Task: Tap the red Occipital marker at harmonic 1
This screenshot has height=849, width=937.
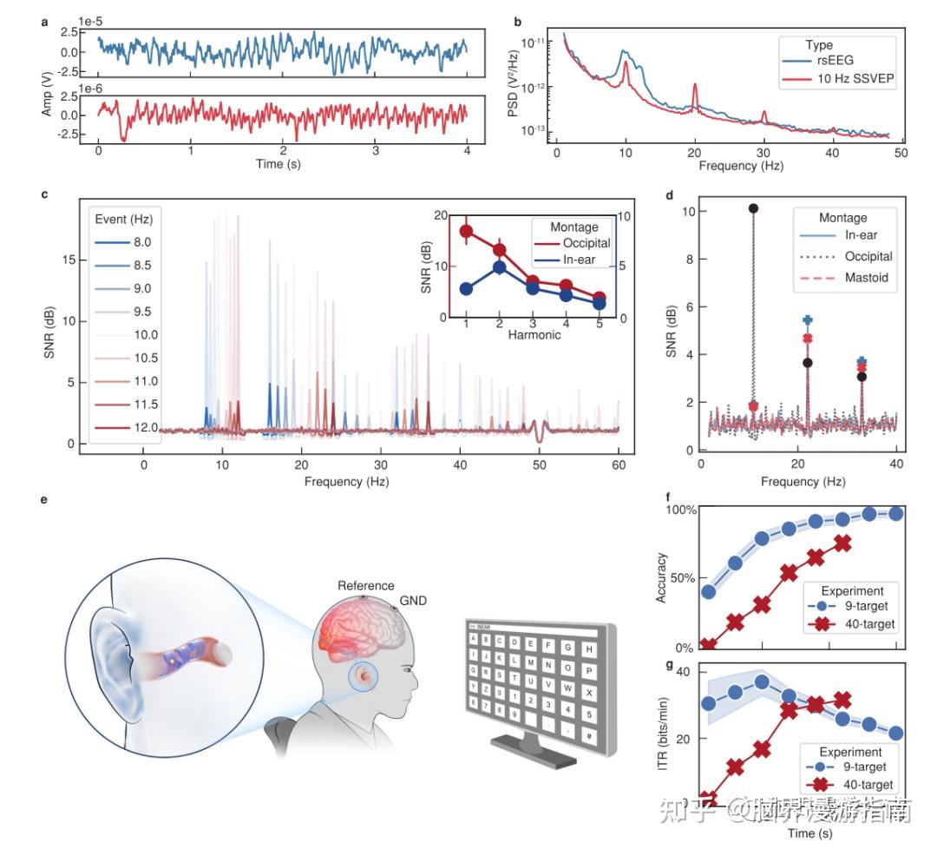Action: coord(467,232)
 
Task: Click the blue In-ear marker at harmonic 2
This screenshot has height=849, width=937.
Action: coord(500,267)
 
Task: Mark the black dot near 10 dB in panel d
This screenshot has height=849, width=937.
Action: coord(753,208)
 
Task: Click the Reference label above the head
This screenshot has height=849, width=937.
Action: coord(366,585)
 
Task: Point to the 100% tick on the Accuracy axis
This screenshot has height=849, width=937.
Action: coord(681,510)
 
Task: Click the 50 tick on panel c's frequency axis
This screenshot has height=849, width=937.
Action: coord(540,465)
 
